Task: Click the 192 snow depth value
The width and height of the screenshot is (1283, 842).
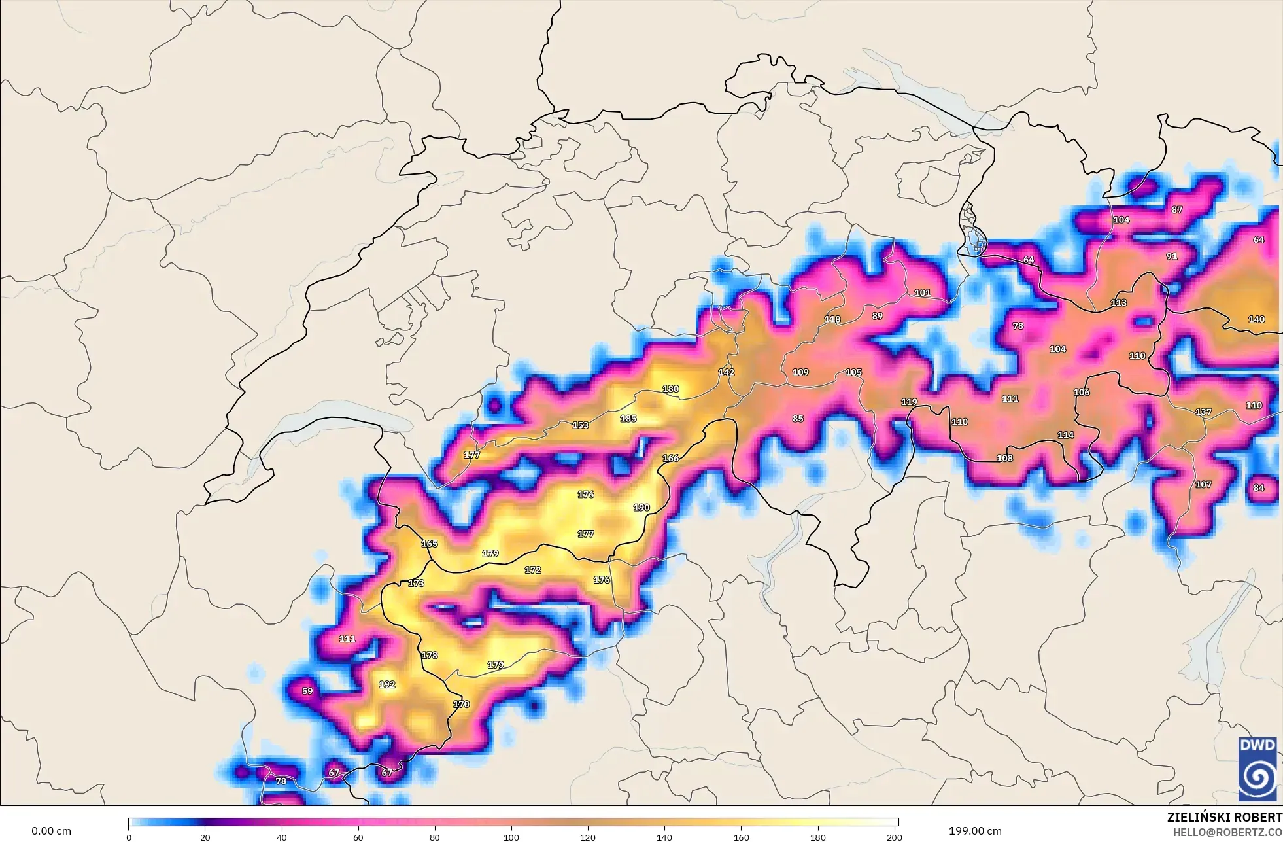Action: pyautogui.click(x=386, y=684)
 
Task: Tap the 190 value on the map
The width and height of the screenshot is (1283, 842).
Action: pyautogui.click(x=641, y=508)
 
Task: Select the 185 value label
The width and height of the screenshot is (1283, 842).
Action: pyautogui.click(x=628, y=419)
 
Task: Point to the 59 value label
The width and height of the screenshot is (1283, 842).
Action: pyautogui.click(x=307, y=691)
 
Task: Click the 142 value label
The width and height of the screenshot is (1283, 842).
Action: pyautogui.click(x=726, y=372)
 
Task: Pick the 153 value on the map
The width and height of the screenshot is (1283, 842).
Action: pyautogui.click(x=580, y=425)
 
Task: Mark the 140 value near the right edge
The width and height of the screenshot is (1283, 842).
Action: pyautogui.click(x=1256, y=319)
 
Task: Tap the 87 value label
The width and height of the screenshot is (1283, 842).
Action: pyautogui.click(x=1177, y=210)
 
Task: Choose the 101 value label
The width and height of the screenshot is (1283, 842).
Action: pyautogui.click(x=922, y=293)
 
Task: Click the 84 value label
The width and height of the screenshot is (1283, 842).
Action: pyautogui.click(x=1259, y=487)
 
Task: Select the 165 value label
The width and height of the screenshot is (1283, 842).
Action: pyautogui.click(x=429, y=544)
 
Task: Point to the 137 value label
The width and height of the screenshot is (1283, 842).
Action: pyautogui.click(x=1203, y=412)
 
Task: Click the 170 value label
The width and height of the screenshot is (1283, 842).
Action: pyautogui.click(x=461, y=704)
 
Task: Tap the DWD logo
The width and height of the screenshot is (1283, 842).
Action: pyautogui.click(x=1257, y=768)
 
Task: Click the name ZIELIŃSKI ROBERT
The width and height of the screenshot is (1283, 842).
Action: pyautogui.click(x=1224, y=817)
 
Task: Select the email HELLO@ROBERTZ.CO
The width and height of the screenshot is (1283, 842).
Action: pyautogui.click(x=1227, y=832)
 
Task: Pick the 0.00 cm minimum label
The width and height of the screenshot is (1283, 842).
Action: pyautogui.click(x=51, y=832)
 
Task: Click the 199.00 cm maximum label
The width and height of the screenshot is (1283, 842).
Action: pyautogui.click(x=975, y=831)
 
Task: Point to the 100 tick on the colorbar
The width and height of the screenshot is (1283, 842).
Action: pyautogui.click(x=511, y=837)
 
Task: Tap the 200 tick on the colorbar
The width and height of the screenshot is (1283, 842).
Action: pyautogui.click(x=894, y=837)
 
